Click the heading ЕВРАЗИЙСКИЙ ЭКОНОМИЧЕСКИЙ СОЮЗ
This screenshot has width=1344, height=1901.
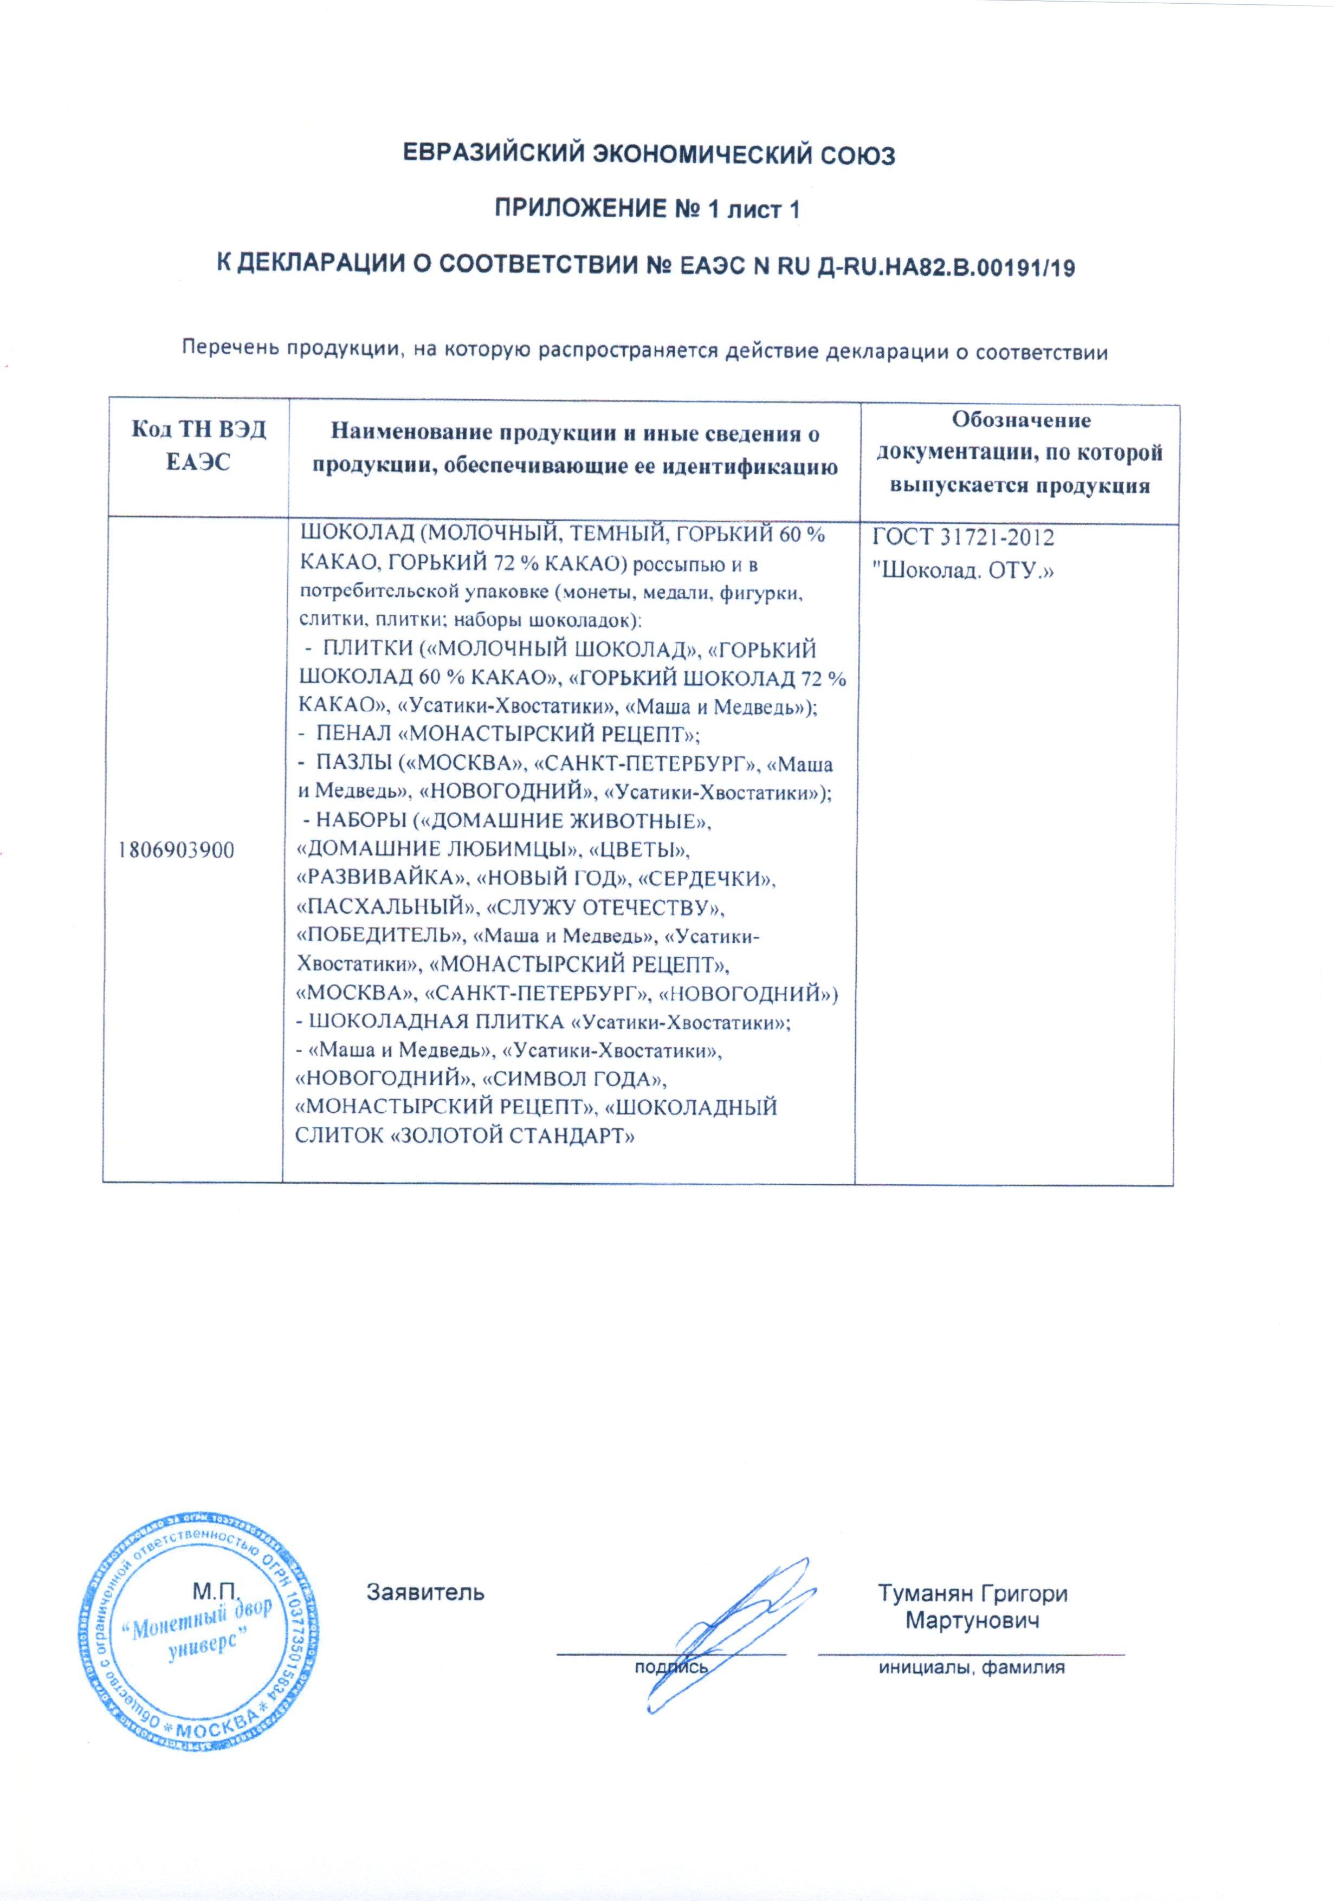(648, 155)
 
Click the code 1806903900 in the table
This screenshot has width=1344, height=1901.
(176, 851)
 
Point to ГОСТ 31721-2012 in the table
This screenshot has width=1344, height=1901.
(963, 538)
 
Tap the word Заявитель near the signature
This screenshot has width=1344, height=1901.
(425, 1592)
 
